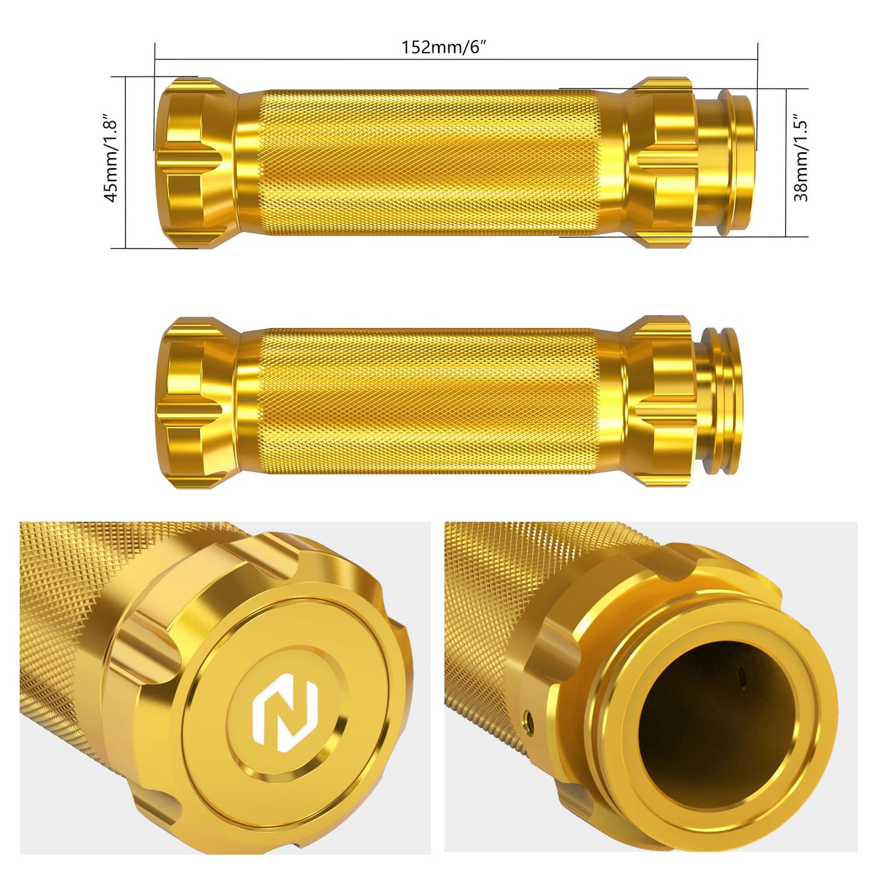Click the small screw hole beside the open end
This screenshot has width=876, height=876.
[529, 718]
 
